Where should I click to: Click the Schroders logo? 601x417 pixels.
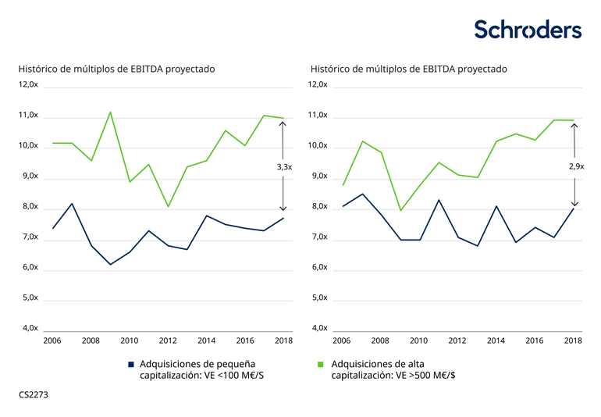528,30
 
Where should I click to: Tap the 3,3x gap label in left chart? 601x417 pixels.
284,167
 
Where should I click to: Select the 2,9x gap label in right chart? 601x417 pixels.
575,166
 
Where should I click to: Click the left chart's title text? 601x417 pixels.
116,69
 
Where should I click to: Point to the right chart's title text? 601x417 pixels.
408,69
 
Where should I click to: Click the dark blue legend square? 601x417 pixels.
132,364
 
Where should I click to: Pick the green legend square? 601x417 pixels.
321,364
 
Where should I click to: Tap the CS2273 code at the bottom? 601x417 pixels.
34,395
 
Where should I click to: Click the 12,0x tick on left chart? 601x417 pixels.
28,85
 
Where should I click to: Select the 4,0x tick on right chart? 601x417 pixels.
318,328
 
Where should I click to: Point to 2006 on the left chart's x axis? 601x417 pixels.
52,341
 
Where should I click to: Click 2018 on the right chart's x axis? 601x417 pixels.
573,341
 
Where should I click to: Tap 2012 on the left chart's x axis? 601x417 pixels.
167,341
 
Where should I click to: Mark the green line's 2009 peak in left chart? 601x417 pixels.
110,112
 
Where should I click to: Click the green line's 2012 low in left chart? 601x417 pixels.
168,207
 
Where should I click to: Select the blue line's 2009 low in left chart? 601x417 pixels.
110,265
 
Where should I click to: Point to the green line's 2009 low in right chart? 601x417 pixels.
400,210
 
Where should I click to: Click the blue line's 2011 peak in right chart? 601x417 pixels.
439,200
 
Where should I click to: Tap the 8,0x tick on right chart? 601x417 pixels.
318,207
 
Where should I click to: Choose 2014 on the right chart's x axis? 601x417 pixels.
496,341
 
